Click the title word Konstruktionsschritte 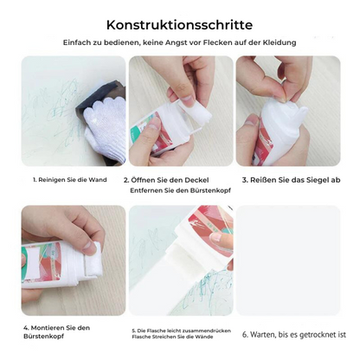[x=179, y=25]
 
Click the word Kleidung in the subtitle [x=280, y=42]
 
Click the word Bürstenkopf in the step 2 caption [x=210, y=190]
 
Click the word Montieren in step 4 [x=48, y=328]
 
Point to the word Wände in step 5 [x=206, y=337]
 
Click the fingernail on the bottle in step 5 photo [x=215, y=237]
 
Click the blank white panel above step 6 [x=288, y=260]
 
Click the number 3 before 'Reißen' [x=244, y=180]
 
